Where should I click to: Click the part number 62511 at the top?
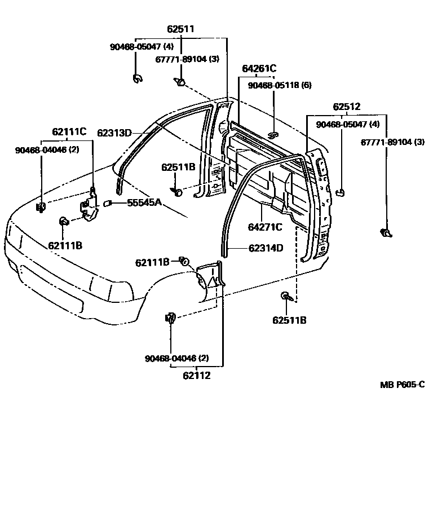click(180, 28)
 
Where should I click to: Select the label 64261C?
click(259, 69)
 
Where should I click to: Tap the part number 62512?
click(346, 107)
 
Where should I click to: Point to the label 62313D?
click(114, 133)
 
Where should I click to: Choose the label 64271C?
click(265, 228)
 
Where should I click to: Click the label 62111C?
click(69, 131)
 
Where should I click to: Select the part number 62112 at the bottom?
click(197, 375)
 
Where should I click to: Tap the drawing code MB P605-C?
click(402, 385)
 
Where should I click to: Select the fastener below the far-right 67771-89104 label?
click(386, 233)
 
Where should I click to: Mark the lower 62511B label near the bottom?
click(289, 320)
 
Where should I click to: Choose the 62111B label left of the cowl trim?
click(152, 262)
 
